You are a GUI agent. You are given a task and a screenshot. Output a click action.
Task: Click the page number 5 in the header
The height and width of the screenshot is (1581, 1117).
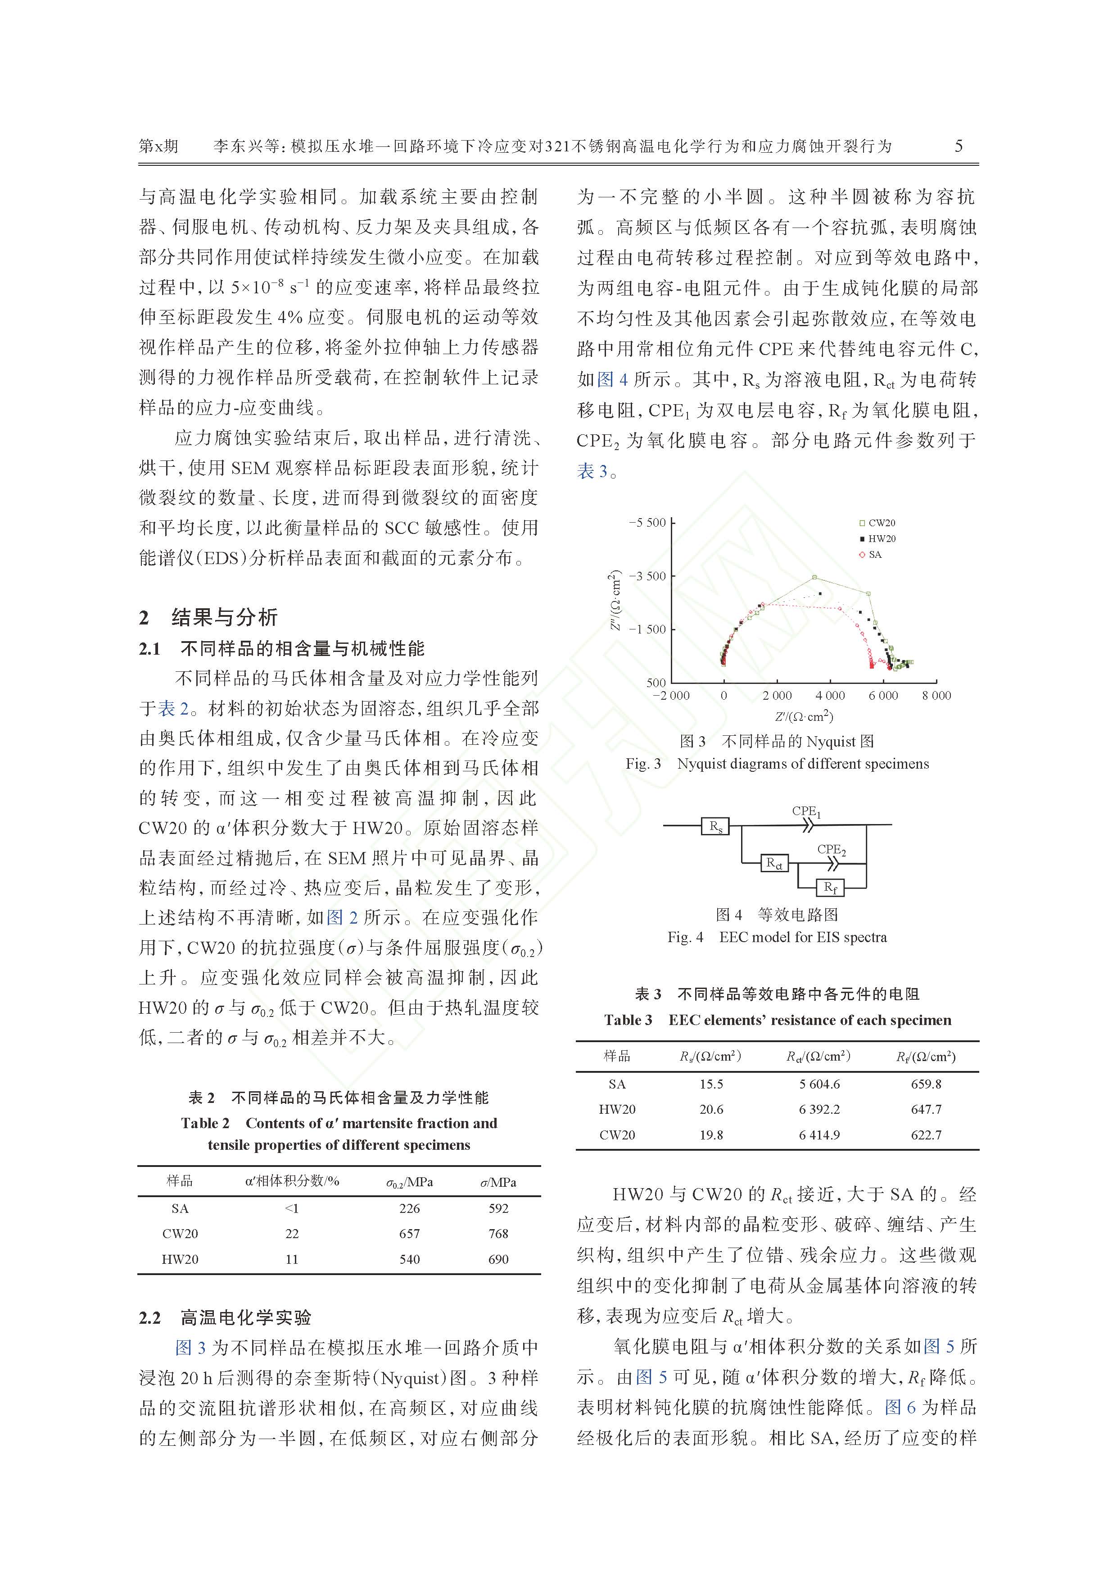coord(959,146)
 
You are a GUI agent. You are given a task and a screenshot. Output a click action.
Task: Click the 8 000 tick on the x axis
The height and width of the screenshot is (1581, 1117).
coord(936,696)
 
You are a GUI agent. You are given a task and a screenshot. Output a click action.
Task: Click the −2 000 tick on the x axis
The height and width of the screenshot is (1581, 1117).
coord(670,696)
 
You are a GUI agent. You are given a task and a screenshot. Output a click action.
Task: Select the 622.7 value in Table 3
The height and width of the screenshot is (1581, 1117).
coord(926,1135)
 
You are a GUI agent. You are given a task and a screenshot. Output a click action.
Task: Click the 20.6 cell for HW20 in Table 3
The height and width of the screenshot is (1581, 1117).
coord(711,1109)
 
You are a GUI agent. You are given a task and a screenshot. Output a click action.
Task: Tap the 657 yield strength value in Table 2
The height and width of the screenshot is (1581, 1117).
coord(410,1233)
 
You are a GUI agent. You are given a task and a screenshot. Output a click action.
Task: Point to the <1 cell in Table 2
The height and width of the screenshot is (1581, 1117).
coord(292,1208)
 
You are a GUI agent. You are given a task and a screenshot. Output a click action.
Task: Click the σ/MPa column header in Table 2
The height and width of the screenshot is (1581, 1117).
coord(498,1182)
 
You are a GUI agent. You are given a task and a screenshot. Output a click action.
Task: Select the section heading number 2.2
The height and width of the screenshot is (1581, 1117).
coord(149,1318)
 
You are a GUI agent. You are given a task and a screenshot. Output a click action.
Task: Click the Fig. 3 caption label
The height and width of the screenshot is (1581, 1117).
coord(643,764)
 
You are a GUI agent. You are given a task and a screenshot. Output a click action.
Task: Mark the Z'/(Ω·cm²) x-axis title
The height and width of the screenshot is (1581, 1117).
coord(804,716)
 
